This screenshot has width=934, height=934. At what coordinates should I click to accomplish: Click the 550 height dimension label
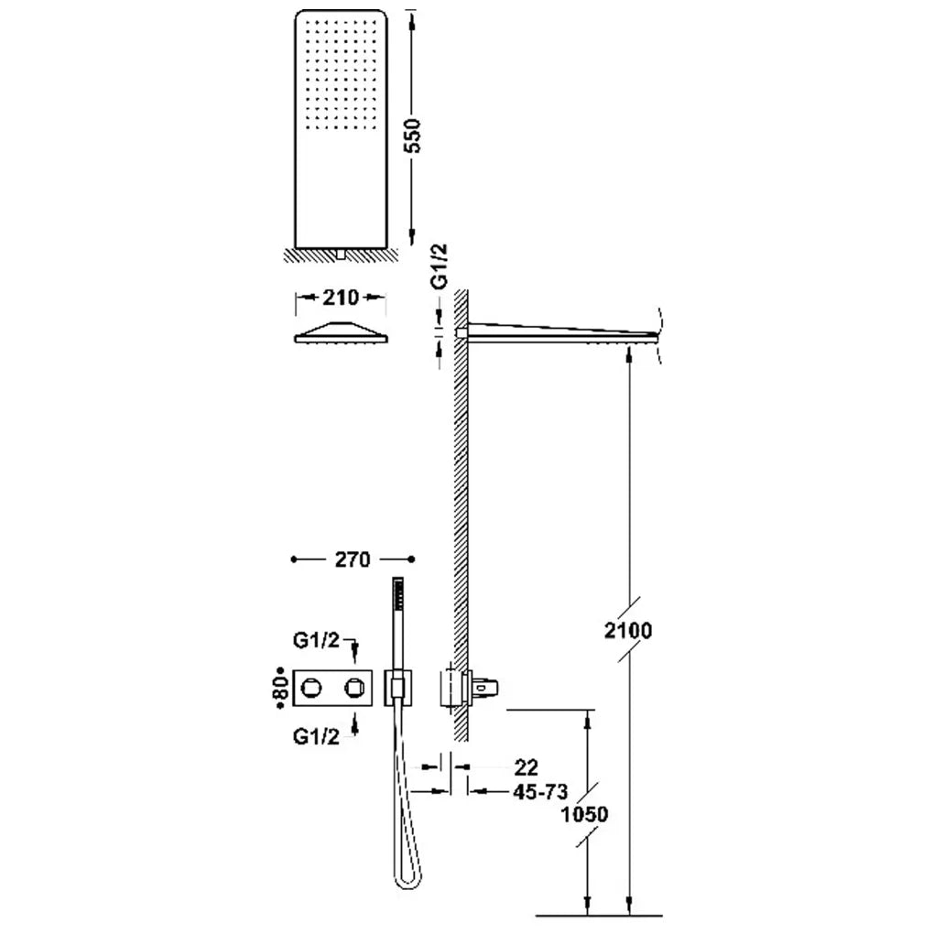pos(412,136)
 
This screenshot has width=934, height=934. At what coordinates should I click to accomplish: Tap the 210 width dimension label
pos(341,298)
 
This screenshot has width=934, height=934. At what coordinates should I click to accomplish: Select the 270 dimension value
pos(353,559)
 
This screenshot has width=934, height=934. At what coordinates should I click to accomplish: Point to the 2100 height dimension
pos(628,630)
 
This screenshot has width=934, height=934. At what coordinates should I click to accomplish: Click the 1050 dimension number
pos(584,814)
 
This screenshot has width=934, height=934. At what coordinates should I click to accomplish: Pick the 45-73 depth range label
pos(540,792)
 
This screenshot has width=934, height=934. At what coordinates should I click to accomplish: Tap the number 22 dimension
pos(526,767)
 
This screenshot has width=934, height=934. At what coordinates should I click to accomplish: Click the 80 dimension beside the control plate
pos(283,688)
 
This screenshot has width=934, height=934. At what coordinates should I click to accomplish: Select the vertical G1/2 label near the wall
pos(439,266)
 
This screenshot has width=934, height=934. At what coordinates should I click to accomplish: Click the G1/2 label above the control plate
pos(316,640)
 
